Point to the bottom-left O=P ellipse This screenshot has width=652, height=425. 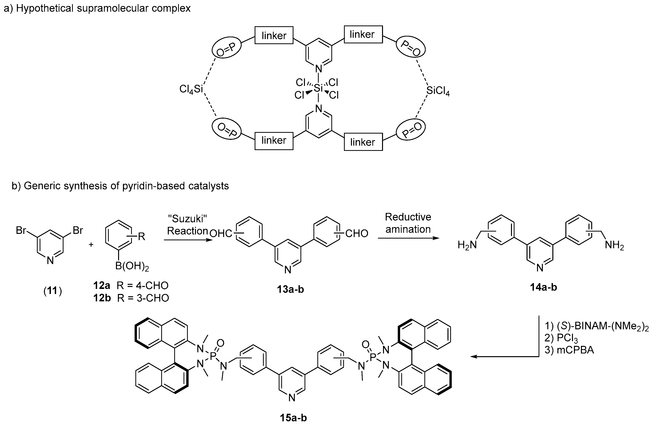point(226,129)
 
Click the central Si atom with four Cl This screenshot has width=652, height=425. point(318,88)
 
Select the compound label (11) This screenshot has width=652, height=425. point(53,291)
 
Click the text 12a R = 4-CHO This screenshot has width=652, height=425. point(131,285)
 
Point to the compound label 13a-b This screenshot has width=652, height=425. point(290,289)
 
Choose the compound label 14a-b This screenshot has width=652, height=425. point(543,287)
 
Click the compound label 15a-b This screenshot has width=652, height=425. point(293,418)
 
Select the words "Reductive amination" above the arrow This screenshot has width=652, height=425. point(408,223)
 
